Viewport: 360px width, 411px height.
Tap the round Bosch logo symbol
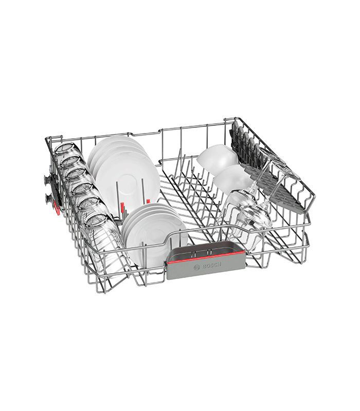coord(196,267)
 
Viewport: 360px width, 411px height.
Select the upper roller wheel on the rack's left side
coord(46,181)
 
